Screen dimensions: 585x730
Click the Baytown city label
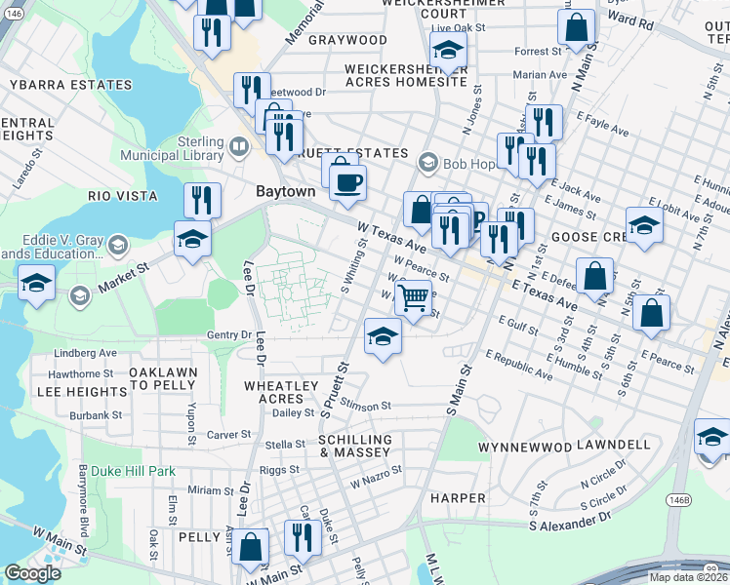point(286,192)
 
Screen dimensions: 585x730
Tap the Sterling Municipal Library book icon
point(239,147)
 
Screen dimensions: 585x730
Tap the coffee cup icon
point(347,180)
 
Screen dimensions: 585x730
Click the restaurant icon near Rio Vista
point(202,199)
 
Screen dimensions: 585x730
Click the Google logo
point(32,573)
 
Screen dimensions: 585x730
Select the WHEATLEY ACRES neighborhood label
point(280,392)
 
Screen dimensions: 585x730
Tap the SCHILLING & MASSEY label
point(355,448)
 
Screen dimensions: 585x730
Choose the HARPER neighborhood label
point(458,498)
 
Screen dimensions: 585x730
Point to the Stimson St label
point(366,405)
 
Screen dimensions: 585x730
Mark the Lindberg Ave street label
point(86,353)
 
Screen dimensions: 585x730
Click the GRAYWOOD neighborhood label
point(347,40)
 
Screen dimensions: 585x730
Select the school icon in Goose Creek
point(644,226)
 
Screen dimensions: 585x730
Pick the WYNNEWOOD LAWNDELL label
point(564,446)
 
